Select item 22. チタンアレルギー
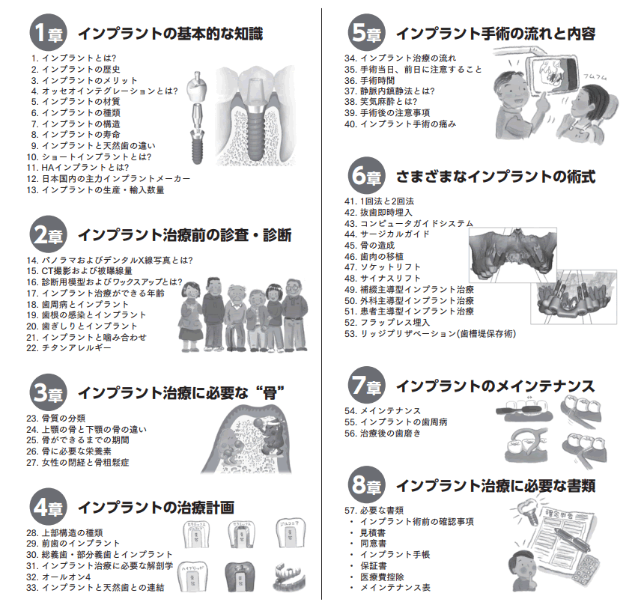68,348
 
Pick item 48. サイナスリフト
383,278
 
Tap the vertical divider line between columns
322,300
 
